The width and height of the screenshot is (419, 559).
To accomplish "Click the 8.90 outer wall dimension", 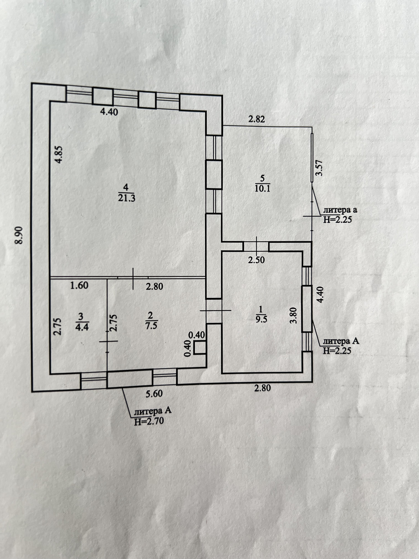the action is tap(19, 235).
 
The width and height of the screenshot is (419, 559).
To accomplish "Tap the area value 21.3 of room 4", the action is tap(127, 198).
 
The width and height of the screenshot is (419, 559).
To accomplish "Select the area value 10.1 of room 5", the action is tap(262, 188).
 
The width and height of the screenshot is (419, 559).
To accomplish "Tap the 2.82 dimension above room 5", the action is tap(257, 119).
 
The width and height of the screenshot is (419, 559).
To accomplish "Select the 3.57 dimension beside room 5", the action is tap(319, 168).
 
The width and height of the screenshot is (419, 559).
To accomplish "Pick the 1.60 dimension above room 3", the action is tap(79, 286).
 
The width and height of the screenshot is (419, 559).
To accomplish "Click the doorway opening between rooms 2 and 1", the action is tap(214, 311).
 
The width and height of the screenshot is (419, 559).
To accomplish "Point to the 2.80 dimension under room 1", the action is tap(262, 388).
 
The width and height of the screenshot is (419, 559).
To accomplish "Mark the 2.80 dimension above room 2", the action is tap(154, 286).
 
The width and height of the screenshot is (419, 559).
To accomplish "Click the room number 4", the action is tap(126, 187).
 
